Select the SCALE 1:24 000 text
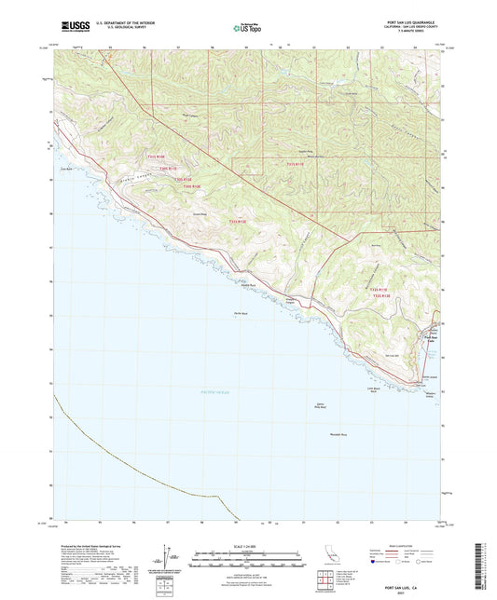[248, 545]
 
